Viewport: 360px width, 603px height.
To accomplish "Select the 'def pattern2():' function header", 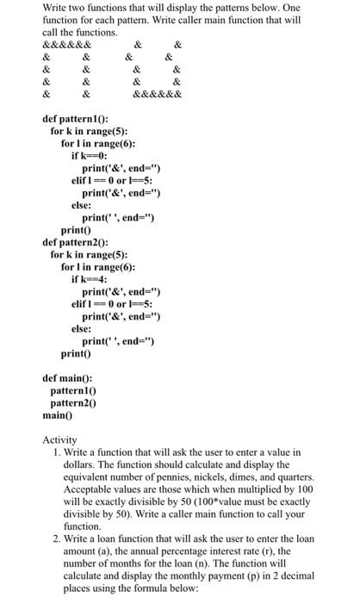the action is [75, 244].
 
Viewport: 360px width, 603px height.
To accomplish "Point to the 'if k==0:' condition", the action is [90, 156].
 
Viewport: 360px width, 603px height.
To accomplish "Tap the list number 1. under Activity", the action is [56, 452].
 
